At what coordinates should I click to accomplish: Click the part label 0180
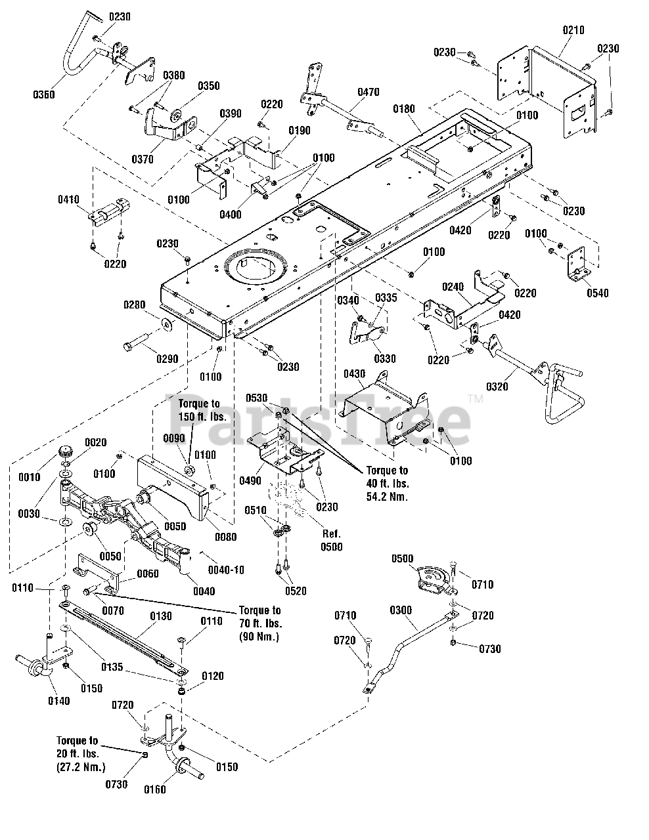tap(404, 108)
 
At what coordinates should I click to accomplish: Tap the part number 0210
tap(573, 30)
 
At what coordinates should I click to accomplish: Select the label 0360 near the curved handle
tap(45, 94)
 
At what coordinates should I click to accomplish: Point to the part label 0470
tap(369, 93)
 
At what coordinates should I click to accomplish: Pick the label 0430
tap(354, 374)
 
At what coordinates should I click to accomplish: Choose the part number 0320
tap(498, 387)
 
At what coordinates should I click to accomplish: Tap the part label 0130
tap(161, 616)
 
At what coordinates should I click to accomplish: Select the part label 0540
tap(598, 293)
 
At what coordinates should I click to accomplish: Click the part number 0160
tap(155, 789)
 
